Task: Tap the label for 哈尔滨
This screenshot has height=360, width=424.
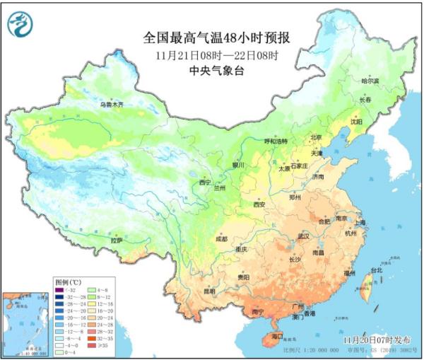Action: click(x=371, y=81)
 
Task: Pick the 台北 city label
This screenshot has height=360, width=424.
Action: click(x=375, y=270)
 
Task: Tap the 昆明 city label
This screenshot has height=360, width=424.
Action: click(x=209, y=291)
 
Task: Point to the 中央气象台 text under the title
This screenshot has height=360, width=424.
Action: click(x=217, y=69)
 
